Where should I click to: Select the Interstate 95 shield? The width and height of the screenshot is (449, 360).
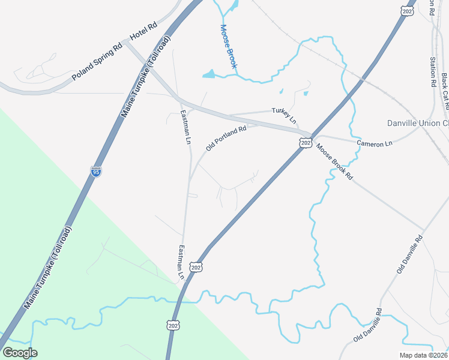(96, 171)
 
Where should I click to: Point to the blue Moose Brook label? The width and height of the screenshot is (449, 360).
(229, 47)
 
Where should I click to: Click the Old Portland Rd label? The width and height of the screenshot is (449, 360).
(226, 138)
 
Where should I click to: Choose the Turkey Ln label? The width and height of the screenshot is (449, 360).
(285, 116)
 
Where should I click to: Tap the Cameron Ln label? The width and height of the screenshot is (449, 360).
(374, 143)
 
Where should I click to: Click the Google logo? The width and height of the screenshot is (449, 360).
(20, 353)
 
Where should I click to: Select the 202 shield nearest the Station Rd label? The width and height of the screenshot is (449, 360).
(407, 11)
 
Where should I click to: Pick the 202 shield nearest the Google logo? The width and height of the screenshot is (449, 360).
(173, 325)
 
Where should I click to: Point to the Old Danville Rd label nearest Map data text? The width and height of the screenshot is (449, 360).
(367, 325)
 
